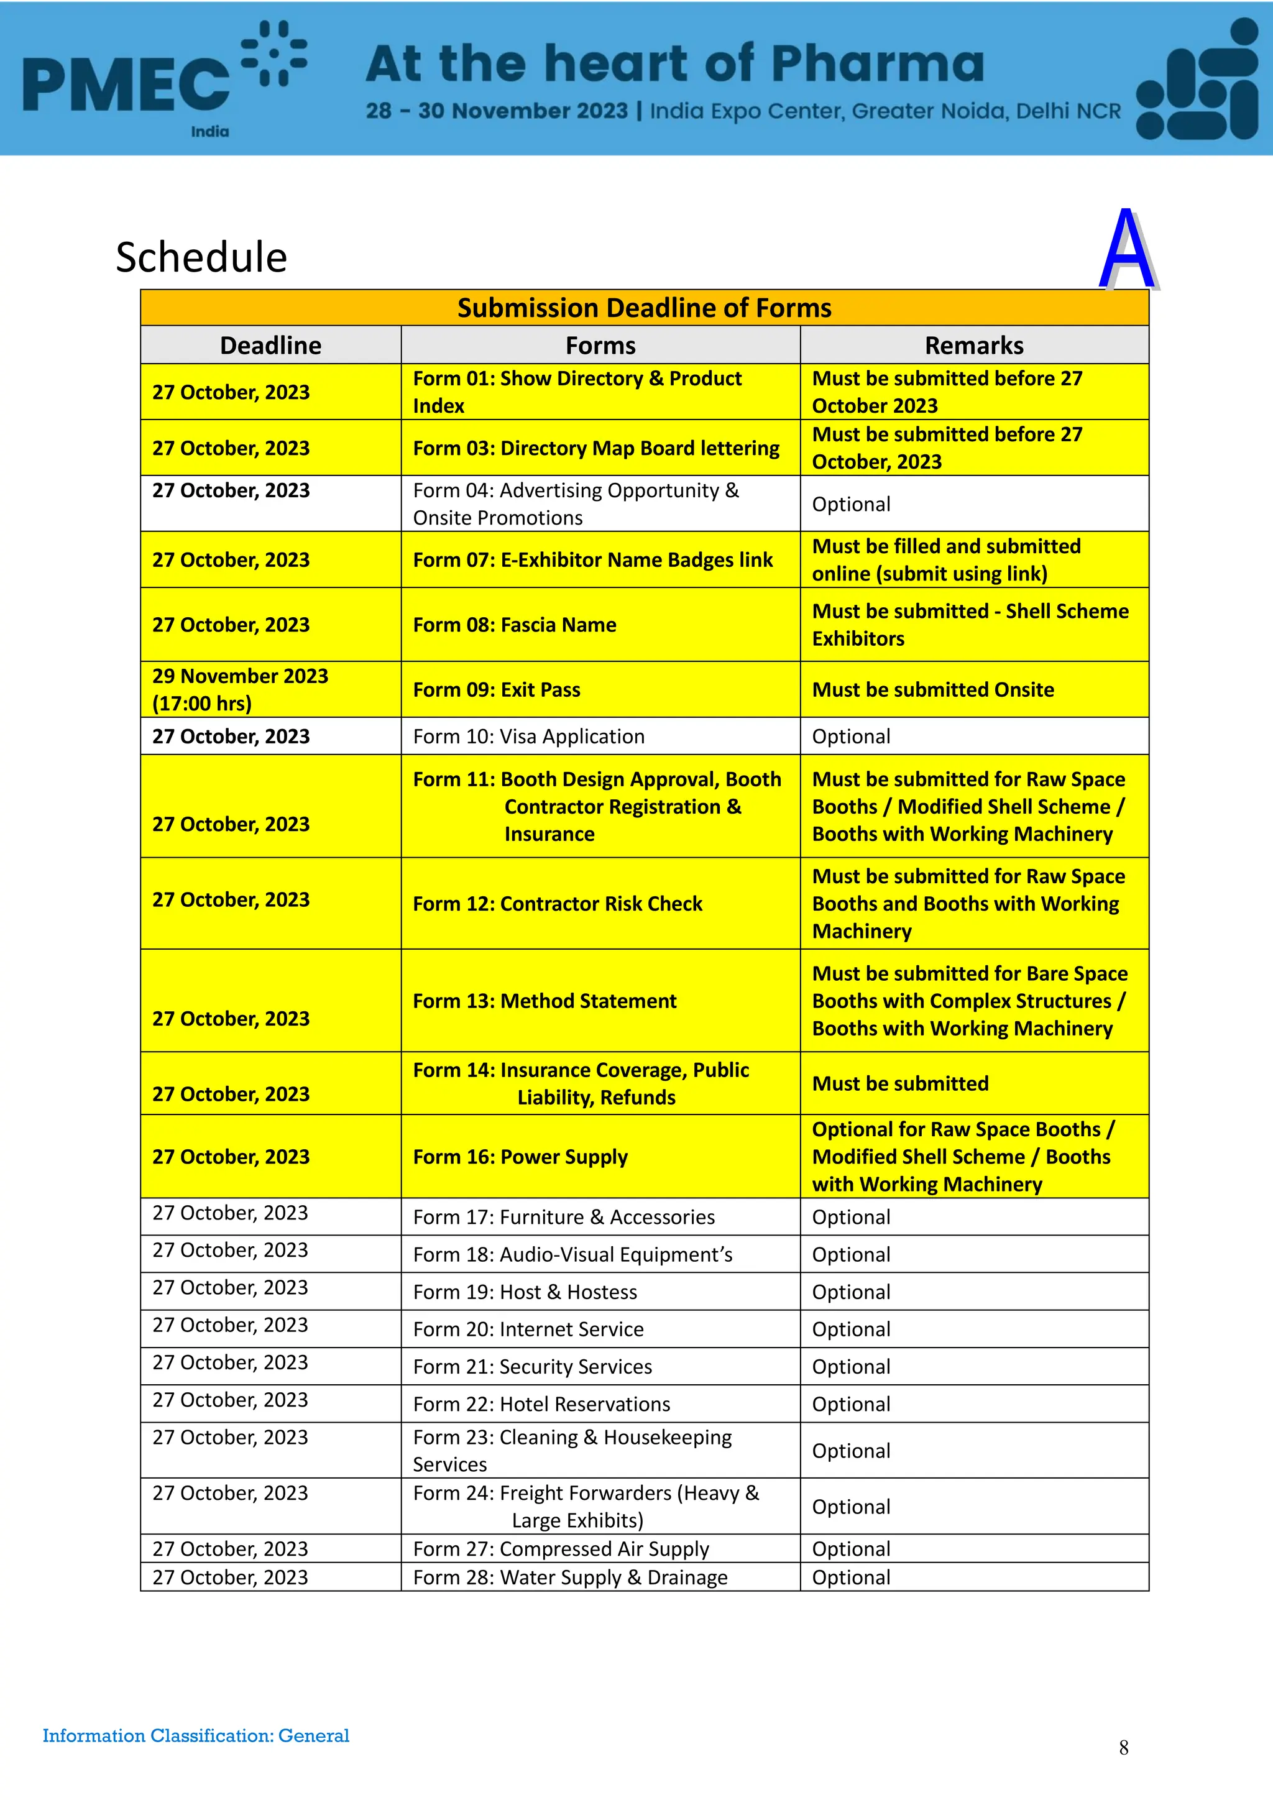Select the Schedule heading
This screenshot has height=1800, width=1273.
(201, 257)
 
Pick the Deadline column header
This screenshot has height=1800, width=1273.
(270, 346)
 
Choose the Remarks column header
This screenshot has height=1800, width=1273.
(973, 346)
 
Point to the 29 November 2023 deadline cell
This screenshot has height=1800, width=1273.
(240, 689)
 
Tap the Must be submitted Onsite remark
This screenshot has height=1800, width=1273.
(933, 690)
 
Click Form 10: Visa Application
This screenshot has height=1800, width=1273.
(528, 737)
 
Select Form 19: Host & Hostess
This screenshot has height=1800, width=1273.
(525, 1292)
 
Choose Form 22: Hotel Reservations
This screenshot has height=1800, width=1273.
(541, 1404)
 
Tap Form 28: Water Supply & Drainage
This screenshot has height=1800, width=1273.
(570, 1577)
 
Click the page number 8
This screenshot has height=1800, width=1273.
(1123, 1747)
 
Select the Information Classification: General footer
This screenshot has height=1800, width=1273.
(196, 1736)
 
